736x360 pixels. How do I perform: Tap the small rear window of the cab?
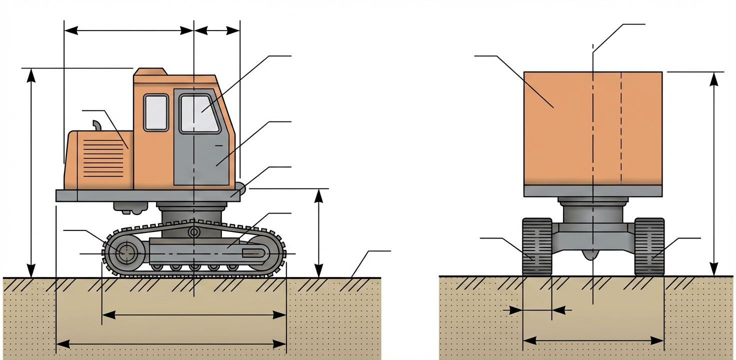tap(155, 112)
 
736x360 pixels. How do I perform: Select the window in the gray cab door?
tap(199, 113)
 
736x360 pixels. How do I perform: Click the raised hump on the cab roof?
tap(150, 71)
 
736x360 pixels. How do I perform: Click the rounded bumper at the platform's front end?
tap(241, 189)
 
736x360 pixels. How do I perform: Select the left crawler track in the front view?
tap(536, 246)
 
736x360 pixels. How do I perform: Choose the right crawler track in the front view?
tap(649, 246)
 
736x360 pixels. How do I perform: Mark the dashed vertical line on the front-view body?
tap(621, 128)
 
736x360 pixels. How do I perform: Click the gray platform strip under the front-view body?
tap(593, 190)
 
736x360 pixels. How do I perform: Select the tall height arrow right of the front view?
tap(714, 173)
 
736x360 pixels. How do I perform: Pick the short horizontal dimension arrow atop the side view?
tap(216, 30)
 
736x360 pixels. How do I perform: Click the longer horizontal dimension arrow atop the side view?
tap(128, 30)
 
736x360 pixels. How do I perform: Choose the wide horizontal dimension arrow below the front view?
tap(593, 341)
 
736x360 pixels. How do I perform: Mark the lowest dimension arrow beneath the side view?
tap(171, 343)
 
